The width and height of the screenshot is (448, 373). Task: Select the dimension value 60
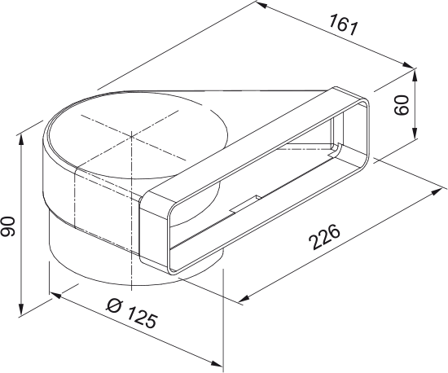click(401, 105)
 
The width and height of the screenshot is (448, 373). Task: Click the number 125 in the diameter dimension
click(144, 318)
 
